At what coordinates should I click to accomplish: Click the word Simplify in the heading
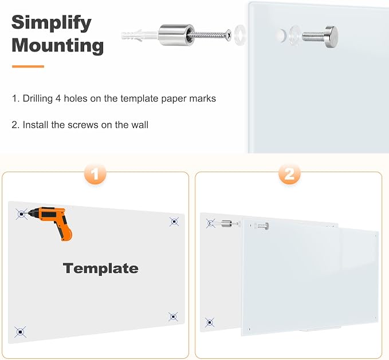(x=52, y=23)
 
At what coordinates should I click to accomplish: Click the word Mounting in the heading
(x=57, y=46)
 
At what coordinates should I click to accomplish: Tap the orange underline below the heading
(x=28, y=66)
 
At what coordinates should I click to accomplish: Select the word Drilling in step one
(x=38, y=99)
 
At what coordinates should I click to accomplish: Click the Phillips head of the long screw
(x=229, y=35)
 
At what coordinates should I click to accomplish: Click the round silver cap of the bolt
(x=332, y=35)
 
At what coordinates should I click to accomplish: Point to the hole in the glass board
(x=282, y=35)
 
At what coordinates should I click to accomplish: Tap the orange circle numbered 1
(x=95, y=175)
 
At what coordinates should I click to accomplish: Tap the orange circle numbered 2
(x=289, y=175)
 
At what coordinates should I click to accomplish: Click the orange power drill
(x=52, y=221)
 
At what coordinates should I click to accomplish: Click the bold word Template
(x=101, y=268)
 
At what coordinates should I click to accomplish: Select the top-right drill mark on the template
(x=174, y=221)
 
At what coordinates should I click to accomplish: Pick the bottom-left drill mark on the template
(x=21, y=332)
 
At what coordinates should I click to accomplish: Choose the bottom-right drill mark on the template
(x=173, y=317)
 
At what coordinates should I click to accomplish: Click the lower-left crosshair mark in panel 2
(x=210, y=323)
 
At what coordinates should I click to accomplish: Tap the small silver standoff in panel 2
(x=226, y=223)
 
